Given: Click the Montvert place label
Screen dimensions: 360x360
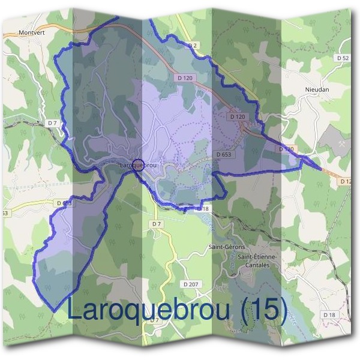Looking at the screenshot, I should [x=32, y=33].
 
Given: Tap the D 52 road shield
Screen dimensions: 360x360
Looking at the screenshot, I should [x=343, y=58].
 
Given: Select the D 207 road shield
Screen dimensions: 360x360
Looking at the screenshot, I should [x=191, y=283].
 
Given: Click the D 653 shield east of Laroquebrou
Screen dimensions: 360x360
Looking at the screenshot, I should [x=223, y=154].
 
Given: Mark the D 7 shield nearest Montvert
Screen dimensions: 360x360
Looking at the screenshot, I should [x=53, y=123].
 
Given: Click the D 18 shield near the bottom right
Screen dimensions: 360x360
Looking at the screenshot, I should [x=329, y=314].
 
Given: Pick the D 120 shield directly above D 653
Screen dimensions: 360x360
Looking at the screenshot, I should [x=238, y=116].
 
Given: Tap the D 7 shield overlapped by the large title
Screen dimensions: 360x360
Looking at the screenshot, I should [x=155, y=320].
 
